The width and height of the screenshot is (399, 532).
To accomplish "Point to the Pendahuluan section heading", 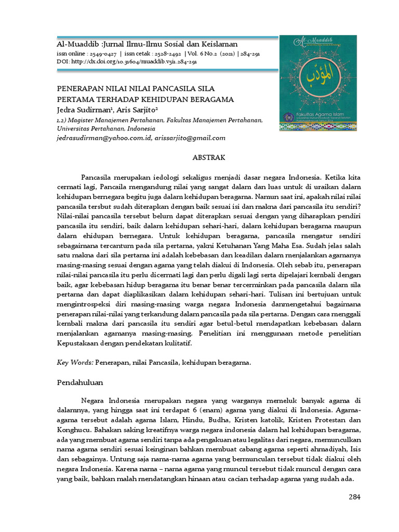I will pos(80,382).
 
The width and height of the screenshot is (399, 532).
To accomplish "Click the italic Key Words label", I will pos(75,363).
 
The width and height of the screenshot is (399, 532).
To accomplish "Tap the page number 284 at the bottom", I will pos(354,497).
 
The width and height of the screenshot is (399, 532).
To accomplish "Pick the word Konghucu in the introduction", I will pos(73,431).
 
